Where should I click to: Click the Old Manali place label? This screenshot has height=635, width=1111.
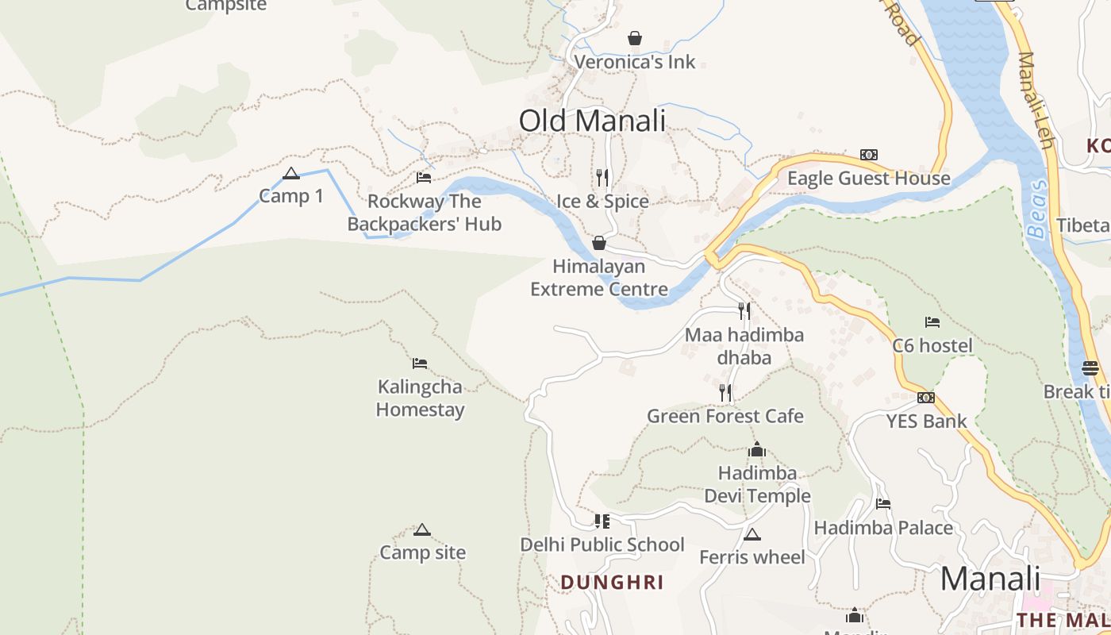592,121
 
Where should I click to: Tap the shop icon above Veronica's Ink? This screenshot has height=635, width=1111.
635,38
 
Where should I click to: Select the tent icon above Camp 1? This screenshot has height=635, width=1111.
291,174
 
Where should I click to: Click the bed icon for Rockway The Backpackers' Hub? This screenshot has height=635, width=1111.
424,178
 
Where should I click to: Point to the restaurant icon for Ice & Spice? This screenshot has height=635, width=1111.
602,177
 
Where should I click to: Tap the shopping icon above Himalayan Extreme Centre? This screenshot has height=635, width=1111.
599,243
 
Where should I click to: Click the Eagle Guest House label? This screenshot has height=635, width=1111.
868,179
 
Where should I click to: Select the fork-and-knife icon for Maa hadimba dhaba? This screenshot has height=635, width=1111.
744,310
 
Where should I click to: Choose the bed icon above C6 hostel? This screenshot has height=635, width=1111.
932,322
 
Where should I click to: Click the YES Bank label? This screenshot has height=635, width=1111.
926,421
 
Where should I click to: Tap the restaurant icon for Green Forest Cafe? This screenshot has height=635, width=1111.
725,392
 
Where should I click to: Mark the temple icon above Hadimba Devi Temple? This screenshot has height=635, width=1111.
757,449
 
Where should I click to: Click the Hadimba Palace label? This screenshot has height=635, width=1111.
883,528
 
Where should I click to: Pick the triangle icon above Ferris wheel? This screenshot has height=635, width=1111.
752,534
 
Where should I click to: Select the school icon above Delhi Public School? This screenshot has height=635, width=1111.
602,521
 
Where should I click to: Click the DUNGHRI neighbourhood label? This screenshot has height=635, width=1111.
612,583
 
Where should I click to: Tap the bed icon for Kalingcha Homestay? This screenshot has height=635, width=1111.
420,364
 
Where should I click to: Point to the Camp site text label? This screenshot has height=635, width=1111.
422,552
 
